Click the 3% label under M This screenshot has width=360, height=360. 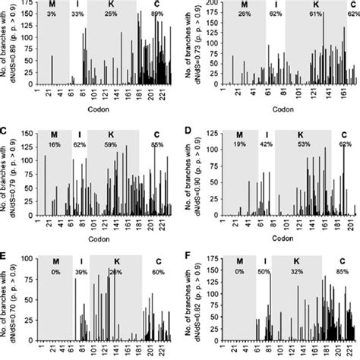click(x=52, y=14)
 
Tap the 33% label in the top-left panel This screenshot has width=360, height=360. click(x=77, y=14)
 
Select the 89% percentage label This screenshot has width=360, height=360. click(x=156, y=14)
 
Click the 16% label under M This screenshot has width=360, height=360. click(x=54, y=143)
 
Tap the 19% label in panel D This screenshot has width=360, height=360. click(x=241, y=143)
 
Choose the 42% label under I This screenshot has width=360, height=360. click(x=265, y=143)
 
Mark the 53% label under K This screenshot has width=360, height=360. click(x=304, y=143)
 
